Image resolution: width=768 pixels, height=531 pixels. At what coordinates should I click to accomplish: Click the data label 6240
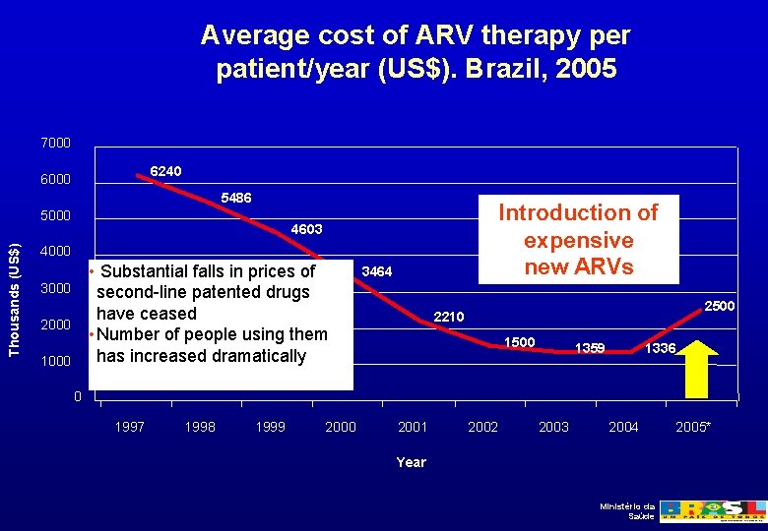(x=165, y=171)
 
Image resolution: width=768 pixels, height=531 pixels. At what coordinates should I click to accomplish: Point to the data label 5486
(x=236, y=198)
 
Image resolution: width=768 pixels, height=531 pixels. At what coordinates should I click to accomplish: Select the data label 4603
(x=307, y=229)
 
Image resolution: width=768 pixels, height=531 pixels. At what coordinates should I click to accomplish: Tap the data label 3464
(x=378, y=269)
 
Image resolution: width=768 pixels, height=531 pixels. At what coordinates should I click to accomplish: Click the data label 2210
(x=449, y=317)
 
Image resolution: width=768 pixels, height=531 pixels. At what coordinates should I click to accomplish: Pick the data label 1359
(x=590, y=347)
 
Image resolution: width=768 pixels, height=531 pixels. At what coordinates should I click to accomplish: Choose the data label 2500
(x=719, y=307)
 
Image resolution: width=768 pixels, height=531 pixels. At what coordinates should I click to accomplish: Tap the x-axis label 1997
(x=130, y=427)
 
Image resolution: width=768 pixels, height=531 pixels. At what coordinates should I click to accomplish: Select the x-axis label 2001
(x=413, y=427)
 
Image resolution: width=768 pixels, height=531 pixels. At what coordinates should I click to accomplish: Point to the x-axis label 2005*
(x=694, y=427)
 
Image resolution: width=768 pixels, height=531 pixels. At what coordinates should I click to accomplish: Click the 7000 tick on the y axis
(x=56, y=144)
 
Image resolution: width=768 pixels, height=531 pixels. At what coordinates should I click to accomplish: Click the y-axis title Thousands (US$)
(x=14, y=286)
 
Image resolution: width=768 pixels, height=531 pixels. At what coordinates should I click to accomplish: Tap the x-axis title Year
(x=412, y=462)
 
